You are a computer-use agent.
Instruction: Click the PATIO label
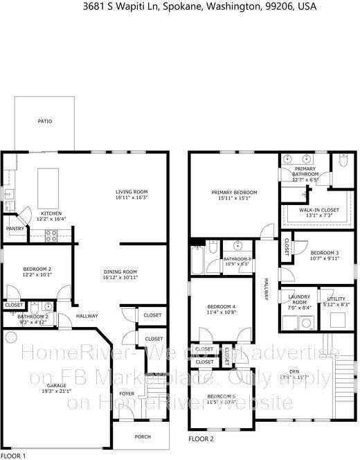click(44, 121)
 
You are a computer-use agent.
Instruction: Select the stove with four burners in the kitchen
click(51, 235)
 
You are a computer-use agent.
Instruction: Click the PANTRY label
click(15, 228)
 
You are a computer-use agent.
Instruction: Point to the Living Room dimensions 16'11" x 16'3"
click(132, 197)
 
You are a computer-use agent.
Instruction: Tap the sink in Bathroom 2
click(47, 306)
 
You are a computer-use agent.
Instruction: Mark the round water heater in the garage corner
click(10, 338)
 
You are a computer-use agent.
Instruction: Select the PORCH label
click(142, 436)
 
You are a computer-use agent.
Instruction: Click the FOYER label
click(127, 393)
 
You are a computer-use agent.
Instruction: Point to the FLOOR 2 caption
click(201, 439)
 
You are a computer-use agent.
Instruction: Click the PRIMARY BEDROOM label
click(234, 192)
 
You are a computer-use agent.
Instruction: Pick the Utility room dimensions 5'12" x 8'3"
click(336, 304)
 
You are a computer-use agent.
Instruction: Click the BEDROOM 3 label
click(324, 253)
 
